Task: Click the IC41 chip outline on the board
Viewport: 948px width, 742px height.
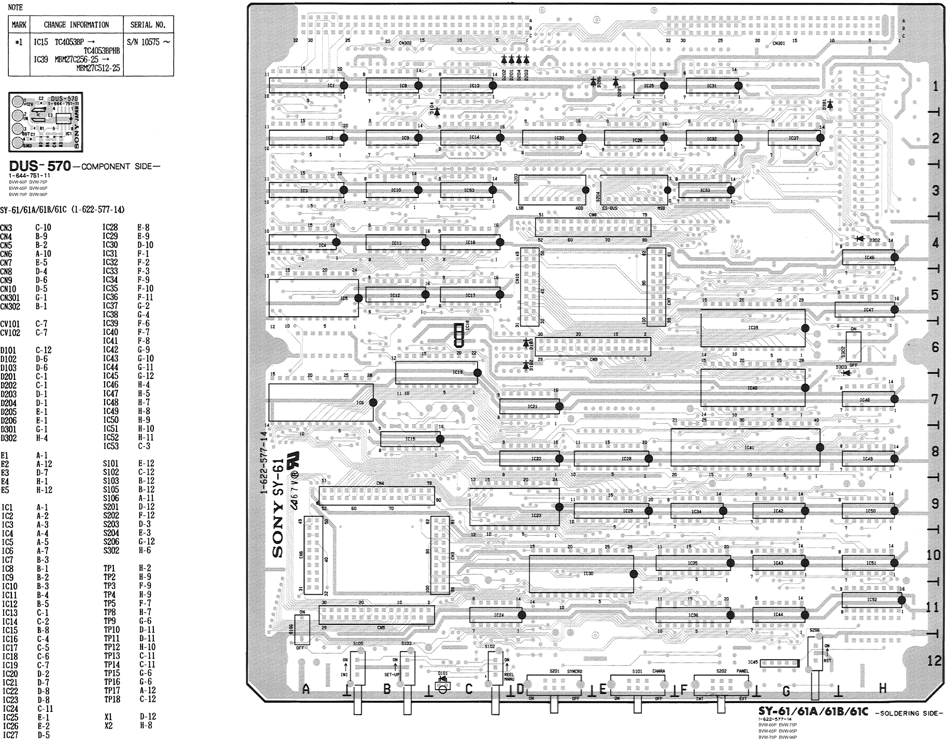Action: (745, 447)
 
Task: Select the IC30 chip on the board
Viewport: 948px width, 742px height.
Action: (581, 573)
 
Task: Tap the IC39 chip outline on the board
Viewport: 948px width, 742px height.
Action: (753, 328)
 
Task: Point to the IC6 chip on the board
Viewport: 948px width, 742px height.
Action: (321, 402)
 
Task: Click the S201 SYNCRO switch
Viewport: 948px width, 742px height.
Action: (554, 685)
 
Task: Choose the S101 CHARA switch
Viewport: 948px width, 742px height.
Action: (638, 685)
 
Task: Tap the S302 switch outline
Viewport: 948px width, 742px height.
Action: (853, 347)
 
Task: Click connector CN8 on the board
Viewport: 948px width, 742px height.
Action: (593, 227)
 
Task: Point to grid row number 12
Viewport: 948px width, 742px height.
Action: (934, 661)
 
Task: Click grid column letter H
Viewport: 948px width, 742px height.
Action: (883, 688)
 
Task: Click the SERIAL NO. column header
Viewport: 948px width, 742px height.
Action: (148, 24)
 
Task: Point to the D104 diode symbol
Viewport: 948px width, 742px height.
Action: (436, 110)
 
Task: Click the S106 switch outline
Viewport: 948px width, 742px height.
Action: (301, 629)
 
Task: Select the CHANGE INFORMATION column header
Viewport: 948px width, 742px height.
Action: (76, 24)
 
